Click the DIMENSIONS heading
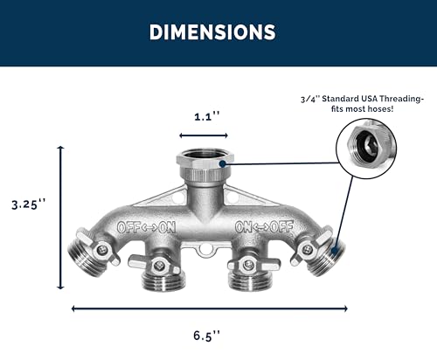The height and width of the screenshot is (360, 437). [212, 31]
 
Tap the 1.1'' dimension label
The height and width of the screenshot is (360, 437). [206, 117]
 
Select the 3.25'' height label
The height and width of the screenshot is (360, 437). [29, 204]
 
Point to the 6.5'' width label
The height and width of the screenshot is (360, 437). [206, 336]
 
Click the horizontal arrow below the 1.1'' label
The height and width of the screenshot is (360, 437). [204, 135]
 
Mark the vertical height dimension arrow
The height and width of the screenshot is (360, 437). [60, 218]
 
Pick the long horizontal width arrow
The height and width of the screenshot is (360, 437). [210, 308]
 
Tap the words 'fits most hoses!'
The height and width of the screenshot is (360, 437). [362, 109]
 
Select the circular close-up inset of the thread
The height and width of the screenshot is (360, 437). [366, 149]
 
